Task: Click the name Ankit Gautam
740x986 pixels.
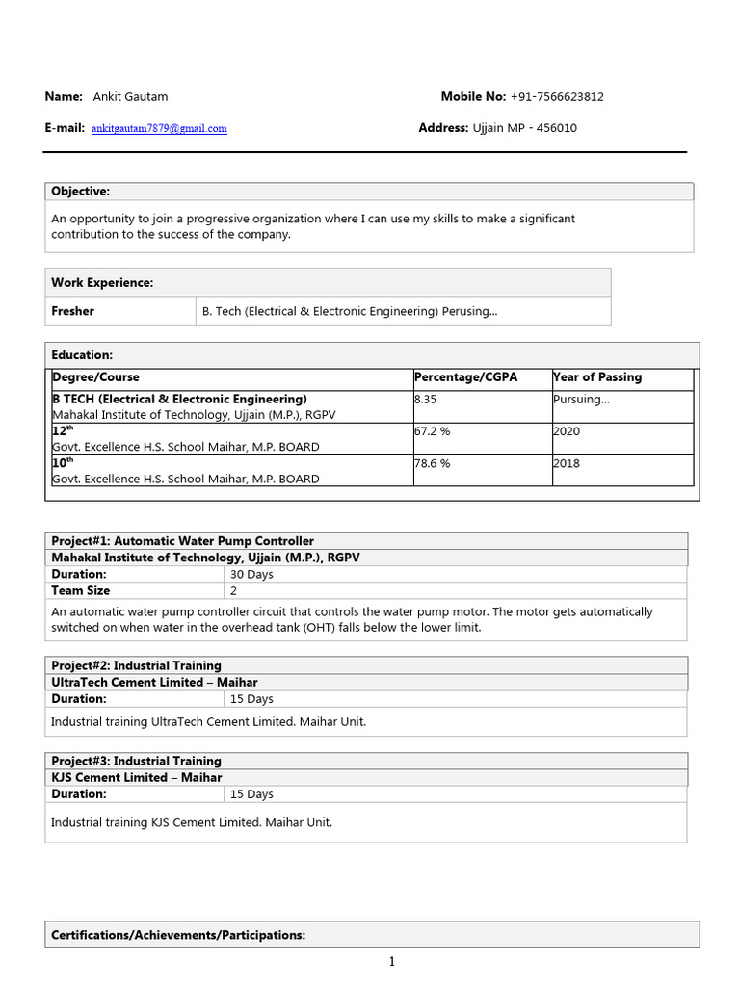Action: tap(130, 96)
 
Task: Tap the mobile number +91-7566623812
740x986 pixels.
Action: tap(557, 96)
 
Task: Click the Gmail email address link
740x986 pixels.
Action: tap(159, 128)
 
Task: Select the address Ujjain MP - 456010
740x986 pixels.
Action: tap(524, 128)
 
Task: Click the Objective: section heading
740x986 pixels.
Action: tap(81, 192)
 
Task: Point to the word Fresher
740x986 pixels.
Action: tap(73, 311)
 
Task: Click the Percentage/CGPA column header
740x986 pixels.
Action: tap(465, 376)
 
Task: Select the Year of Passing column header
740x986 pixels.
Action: tap(597, 376)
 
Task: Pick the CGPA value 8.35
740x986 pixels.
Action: tap(425, 399)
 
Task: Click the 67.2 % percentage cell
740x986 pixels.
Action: tap(433, 431)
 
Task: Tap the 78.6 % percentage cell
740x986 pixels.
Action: tap(433, 463)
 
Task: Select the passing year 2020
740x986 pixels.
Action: tap(567, 431)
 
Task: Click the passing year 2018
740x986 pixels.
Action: tap(567, 463)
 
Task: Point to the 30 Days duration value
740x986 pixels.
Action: tap(251, 574)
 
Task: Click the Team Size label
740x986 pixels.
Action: tap(81, 590)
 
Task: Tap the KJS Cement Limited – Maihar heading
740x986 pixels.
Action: tap(137, 777)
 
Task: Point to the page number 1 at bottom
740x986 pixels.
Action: tap(392, 961)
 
